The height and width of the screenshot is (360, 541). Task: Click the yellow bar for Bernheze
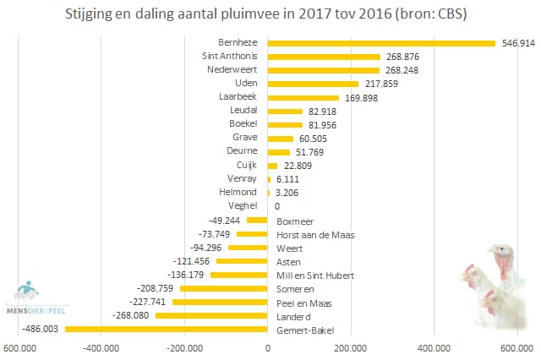coord(380,42)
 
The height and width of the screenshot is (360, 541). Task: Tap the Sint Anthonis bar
coord(324,57)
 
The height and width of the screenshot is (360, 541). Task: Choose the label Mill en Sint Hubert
coord(315,275)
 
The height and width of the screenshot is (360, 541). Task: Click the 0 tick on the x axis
coord(268,346)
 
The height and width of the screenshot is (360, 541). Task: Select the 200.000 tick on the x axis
coord(351,346)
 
